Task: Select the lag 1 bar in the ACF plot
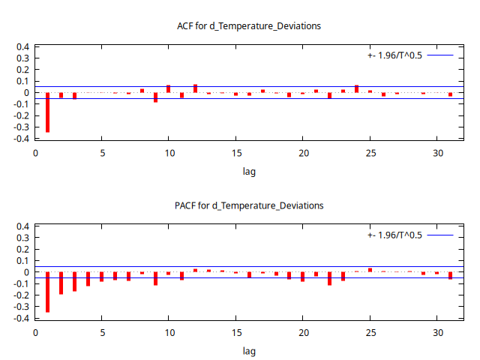tap(48, 112)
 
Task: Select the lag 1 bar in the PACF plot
tap(48, 292)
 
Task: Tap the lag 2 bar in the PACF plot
tap(61, 283)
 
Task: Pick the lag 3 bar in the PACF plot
tap(75, 281)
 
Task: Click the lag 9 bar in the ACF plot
tap(155, 97)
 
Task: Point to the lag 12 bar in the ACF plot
tap(195, 88)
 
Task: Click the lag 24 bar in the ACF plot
tap(356, 88)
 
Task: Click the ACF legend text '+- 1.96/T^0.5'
tap(394, 55)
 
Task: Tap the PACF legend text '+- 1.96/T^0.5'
tap(394, 235)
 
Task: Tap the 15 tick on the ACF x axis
tap(236, 154)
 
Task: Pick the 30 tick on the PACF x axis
tap(437, 333)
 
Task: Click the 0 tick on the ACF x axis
tap(35, 154)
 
